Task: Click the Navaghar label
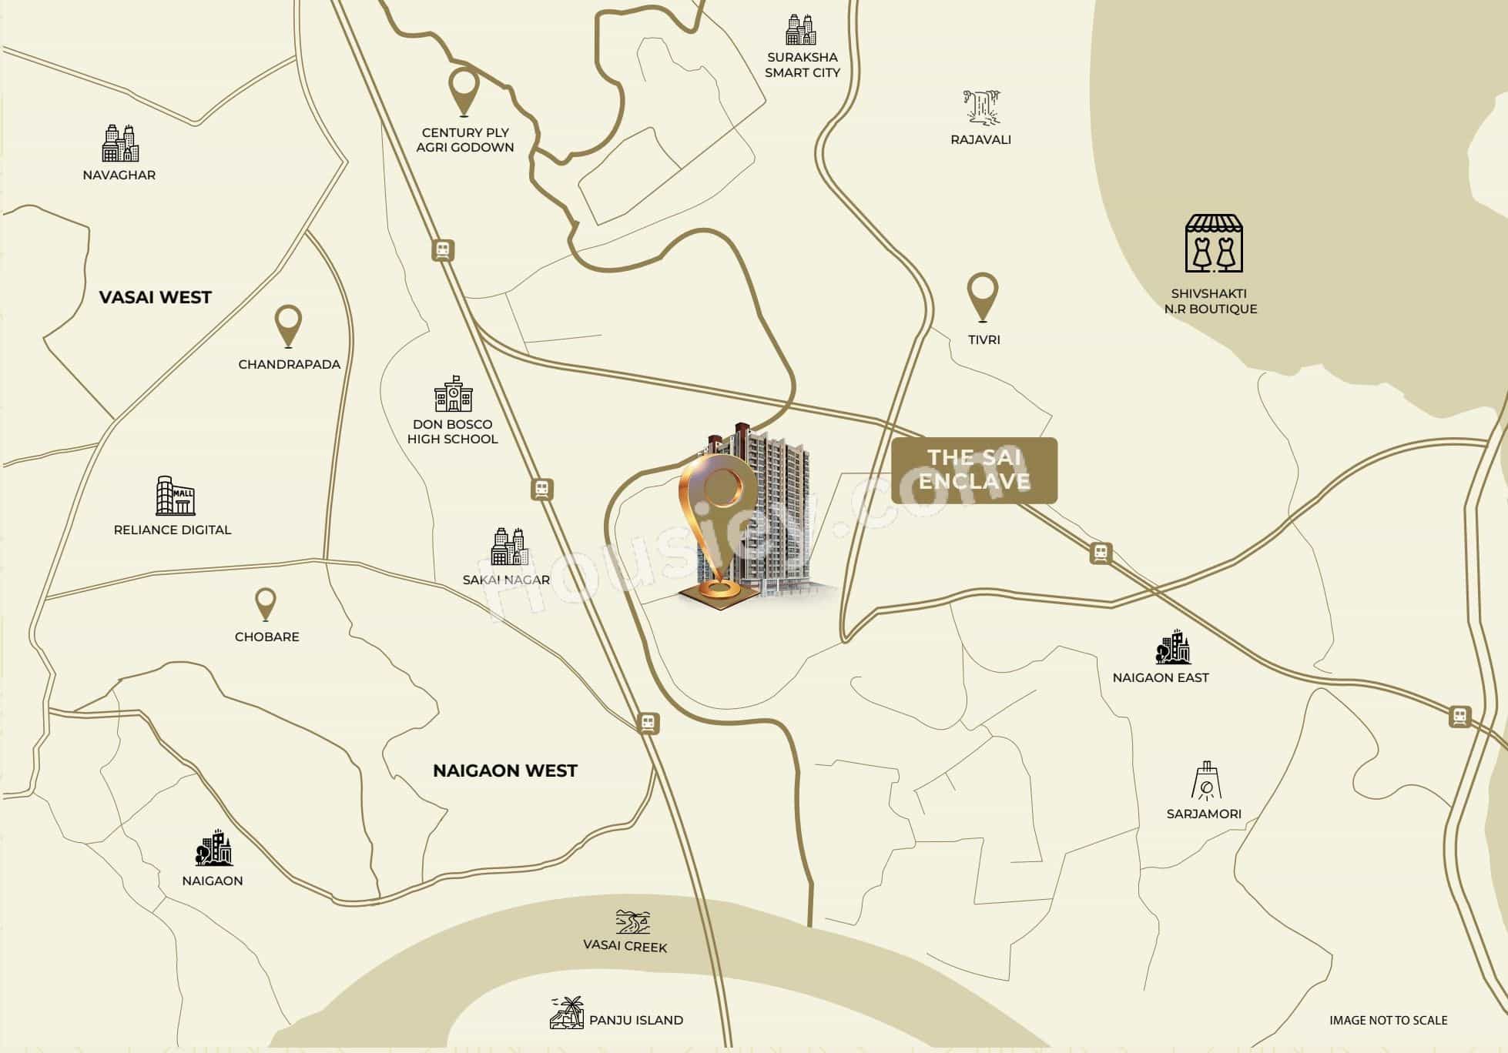point(119,175)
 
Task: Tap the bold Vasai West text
point(155,297)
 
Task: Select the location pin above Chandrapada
point(289,325)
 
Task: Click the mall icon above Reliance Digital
point(176,495)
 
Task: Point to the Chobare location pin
point(266,603)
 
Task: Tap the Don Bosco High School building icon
point(454,393)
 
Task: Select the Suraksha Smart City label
point(802,65)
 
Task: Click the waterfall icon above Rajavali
point(981,107)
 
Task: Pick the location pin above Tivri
point(982,296)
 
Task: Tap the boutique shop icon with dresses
point(1214,244)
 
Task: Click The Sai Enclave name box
point(974,470)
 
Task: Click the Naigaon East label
point(1161,677)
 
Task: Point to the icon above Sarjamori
point(1205,781)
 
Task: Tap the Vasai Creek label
point(625,947)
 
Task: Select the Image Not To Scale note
point(1388,1020)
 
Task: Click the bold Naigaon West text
point(504,771)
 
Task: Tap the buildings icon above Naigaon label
point(213,848)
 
